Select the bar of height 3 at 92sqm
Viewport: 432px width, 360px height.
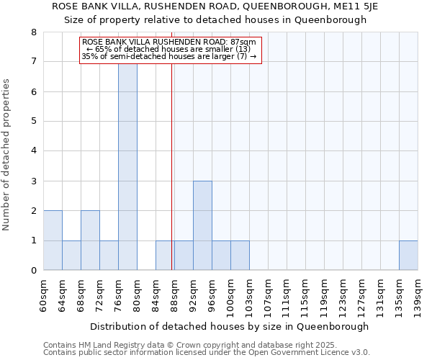click(x=202, y=225)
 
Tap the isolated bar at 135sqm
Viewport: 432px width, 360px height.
click(x=408, y=256)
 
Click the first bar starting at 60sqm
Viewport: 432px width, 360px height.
click(x=53, y=240)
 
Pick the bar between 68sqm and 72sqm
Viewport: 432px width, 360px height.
click(x=90, y=240)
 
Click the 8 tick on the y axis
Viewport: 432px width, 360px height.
click(x=33, y=32)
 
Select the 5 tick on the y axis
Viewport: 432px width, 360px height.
click(x=33, y=122)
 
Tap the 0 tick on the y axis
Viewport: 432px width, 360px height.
click(x=33, y=271)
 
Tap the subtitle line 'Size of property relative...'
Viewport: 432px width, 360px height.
click(x=215, y=20)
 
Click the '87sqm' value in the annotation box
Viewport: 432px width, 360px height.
click(x=242, y=42)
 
